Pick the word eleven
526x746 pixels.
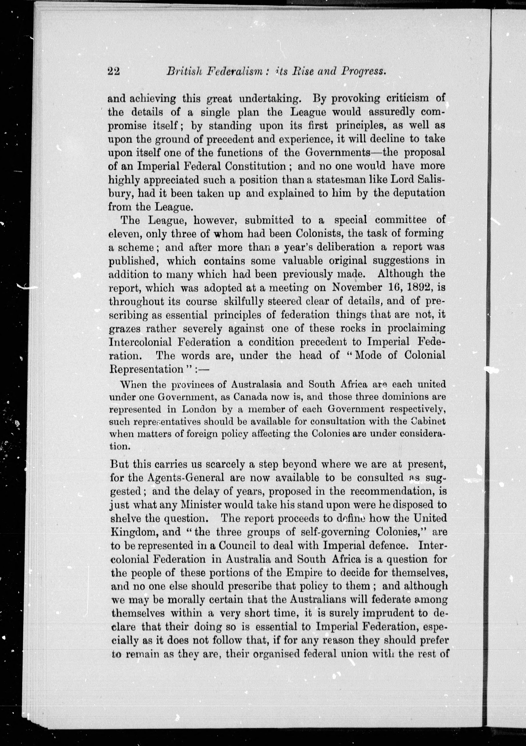pos(124,234)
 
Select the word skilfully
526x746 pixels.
pos(243,302)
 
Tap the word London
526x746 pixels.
pos(197,409)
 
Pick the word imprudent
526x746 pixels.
pos(386,613)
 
